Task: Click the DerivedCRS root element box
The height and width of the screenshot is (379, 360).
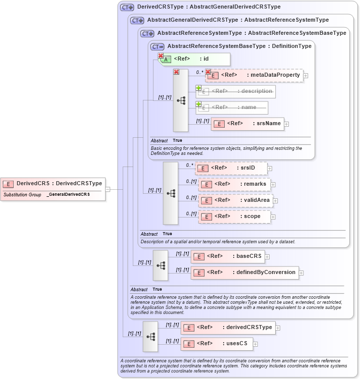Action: (53, 183)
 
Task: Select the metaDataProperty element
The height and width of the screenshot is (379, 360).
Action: (254, 75)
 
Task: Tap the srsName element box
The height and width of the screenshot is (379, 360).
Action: (247, 123)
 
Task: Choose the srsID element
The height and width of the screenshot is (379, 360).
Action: (231, 168)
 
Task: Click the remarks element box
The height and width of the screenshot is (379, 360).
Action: (235, 184)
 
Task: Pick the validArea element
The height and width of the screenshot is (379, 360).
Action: (235, 200)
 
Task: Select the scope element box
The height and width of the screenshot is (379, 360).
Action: (234, 216)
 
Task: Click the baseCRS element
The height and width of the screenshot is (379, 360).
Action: (227, 256)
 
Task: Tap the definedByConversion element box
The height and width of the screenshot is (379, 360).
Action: (244, 273)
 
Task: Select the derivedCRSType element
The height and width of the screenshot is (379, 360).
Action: (227, 328)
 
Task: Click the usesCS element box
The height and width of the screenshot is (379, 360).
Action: (217, 344)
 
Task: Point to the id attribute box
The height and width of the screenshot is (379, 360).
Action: (194, 59)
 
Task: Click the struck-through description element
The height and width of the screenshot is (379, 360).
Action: (235, 91)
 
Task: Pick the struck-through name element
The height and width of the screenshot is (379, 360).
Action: (232, 107)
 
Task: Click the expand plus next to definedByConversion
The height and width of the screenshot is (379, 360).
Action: (301, 273)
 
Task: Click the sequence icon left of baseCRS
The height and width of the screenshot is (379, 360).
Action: (161, 265)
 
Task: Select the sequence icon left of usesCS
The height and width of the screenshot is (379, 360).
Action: (150, 336)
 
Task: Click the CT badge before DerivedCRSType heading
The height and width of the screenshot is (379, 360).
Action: (127, 8)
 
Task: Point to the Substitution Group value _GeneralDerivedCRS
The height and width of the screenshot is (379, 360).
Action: (68, 194)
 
